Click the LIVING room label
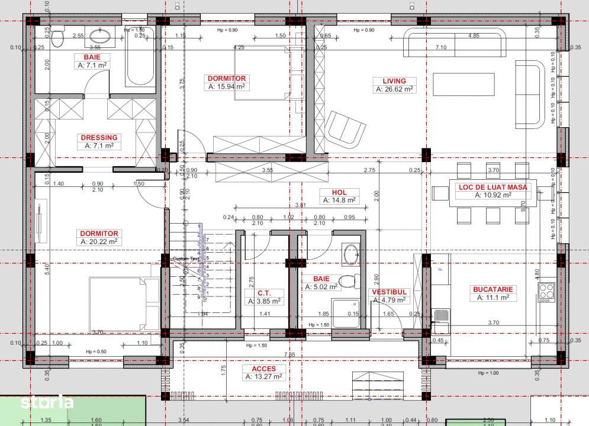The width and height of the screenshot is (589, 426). (394, 81)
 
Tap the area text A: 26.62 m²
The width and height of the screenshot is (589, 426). (394, 89)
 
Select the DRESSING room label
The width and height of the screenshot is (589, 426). (99, 137)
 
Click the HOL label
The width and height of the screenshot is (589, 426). (339, 192)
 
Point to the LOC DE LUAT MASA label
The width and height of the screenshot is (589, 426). (493, 187)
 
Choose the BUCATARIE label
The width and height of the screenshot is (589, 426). (493, 289)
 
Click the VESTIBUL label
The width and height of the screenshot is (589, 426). (389, 292)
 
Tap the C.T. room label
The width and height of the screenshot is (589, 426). (264, 292)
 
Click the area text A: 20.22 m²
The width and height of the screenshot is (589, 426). (99, 241)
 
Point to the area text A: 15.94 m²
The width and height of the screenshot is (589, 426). (226, 86)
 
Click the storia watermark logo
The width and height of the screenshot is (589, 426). (47, 403)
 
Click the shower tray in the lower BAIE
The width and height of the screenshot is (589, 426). (346, 314)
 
